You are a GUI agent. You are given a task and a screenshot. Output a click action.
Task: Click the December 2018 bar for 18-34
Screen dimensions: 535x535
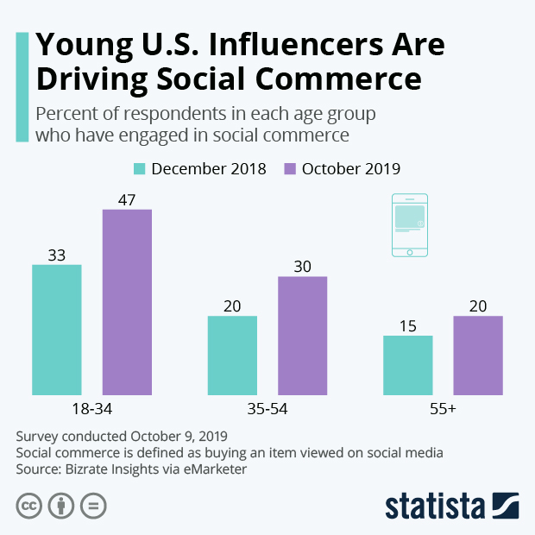coord(57,330)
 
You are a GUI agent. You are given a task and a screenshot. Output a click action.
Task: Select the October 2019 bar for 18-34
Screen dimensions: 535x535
coord(127,302)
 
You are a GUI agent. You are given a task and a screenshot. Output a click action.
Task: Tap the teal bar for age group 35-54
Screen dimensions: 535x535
coord(232,356)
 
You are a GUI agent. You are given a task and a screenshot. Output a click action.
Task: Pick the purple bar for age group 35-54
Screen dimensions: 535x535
coord(302,336)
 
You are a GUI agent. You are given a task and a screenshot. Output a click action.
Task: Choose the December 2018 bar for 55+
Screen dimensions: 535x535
coord(408,365)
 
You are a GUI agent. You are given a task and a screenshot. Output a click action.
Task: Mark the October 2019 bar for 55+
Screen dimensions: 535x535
coord(478,356)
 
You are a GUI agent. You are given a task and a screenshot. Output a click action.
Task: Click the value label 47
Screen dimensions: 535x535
coord(127,199)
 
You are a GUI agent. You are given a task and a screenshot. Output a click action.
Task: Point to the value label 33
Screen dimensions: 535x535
coord(57,255)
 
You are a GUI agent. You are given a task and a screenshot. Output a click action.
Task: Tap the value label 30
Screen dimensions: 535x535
coord(302,267)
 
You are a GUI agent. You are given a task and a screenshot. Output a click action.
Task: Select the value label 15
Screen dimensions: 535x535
coord(408,326)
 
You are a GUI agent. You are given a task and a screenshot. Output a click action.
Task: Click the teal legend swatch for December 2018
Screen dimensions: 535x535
coord(141,168)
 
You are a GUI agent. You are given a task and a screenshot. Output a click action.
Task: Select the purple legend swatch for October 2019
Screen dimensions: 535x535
coord(290,168)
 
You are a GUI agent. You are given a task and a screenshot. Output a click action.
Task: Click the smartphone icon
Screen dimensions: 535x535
coord(409,224)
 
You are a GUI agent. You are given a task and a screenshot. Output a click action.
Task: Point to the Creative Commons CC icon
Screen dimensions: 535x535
coord(29,506)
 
